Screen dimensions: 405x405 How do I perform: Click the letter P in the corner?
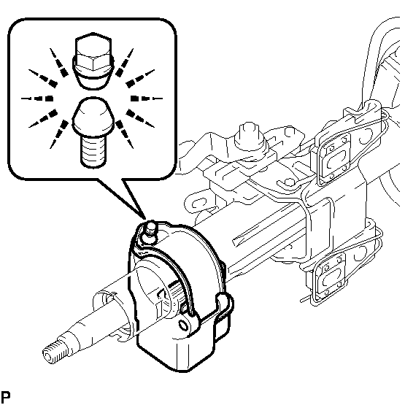coord(5,396)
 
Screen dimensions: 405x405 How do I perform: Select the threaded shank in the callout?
coord(93,151)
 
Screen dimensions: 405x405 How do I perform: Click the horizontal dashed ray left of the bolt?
coord(37,99)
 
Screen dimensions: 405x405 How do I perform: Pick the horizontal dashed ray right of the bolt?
coord(147,99)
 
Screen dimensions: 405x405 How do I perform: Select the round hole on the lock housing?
coord(183,325)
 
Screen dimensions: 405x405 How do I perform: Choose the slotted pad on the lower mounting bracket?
coord(330,276)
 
